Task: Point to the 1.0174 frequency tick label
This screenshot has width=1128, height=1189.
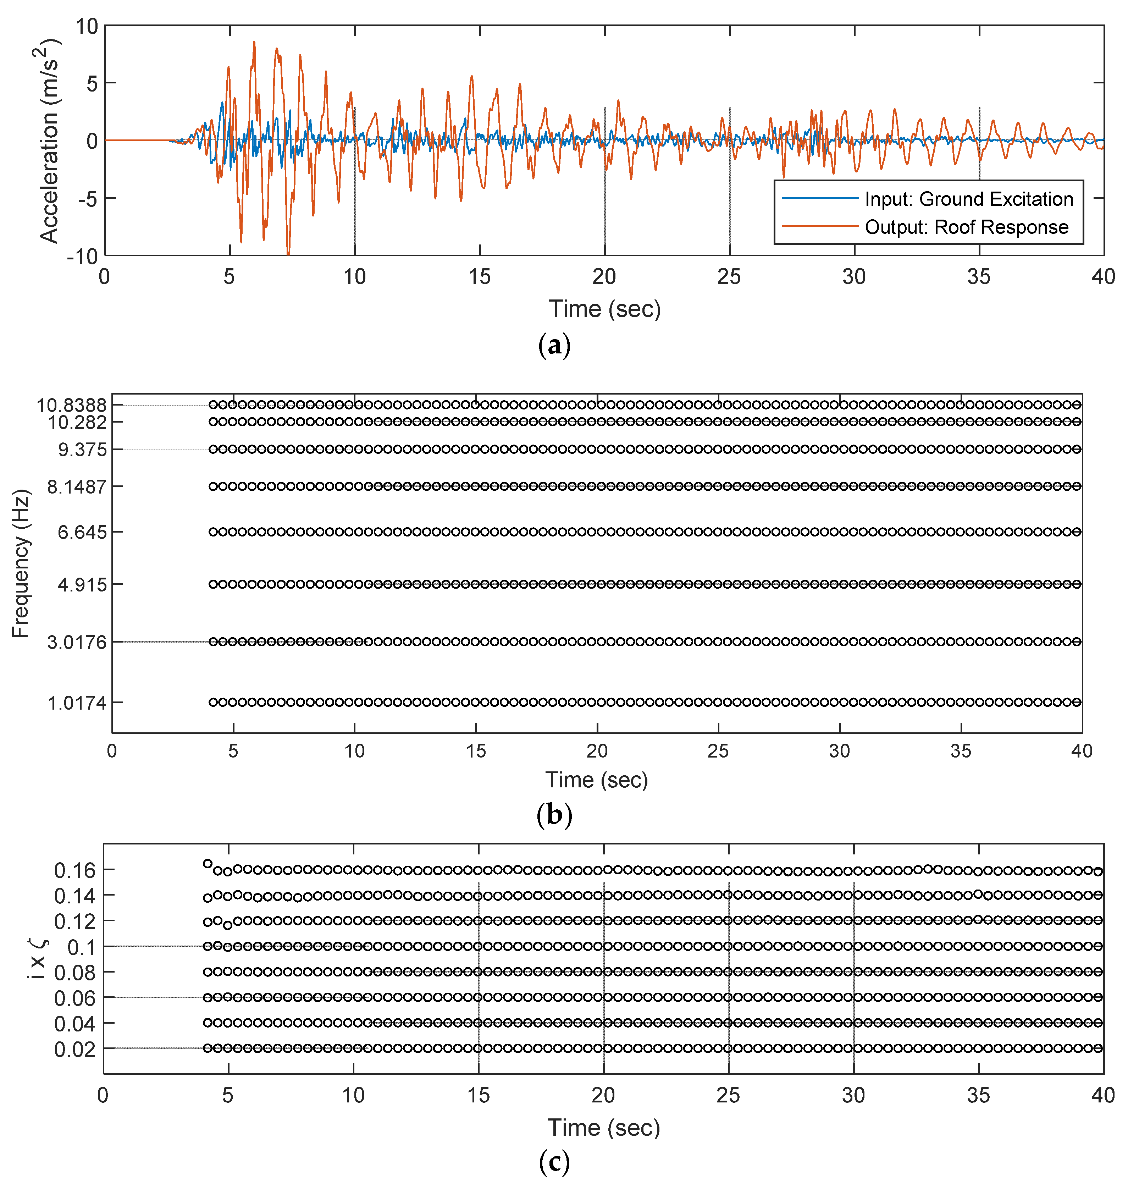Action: point(77,703)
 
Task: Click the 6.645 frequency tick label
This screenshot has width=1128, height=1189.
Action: point(82,532)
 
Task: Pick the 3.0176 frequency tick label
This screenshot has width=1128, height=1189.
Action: point(77,642)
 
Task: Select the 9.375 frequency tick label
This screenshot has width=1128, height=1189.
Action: point(82,450)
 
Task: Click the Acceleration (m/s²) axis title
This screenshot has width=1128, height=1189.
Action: point(49,141)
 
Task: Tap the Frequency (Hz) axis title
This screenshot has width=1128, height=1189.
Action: point(21,563)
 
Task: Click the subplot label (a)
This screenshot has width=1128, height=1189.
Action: point(554,346)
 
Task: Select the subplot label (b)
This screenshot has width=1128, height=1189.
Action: point(554,815)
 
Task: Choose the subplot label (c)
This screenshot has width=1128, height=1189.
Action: point(554,1162)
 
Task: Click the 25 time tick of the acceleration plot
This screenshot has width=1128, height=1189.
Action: point(729,277)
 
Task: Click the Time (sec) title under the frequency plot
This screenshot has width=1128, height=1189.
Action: point(597,780)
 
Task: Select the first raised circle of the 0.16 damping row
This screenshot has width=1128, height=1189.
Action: point(208,864)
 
